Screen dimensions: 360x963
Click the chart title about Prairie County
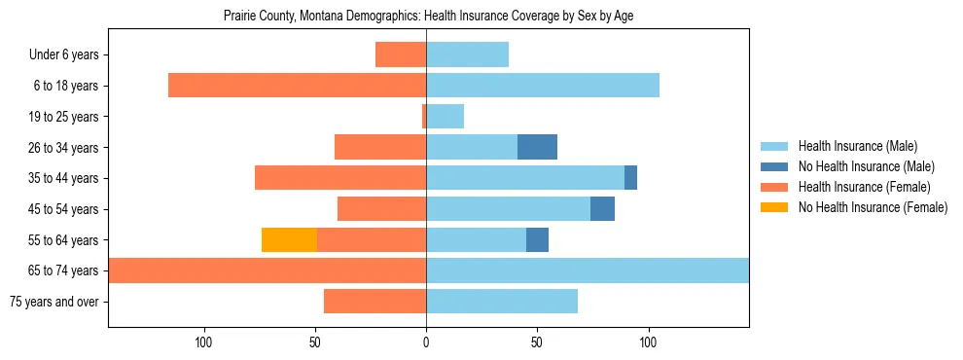coord(428,17)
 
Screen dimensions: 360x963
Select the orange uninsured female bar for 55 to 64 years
coord(289,239)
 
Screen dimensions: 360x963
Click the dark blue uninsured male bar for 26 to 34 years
coord(537,147)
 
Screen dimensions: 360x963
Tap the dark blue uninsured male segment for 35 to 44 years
coord(630,178)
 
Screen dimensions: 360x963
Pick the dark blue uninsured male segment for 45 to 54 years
coord(602,209)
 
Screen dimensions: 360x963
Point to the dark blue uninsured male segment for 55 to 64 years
coord(537,239)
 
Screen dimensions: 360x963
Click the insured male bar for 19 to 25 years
coord(445,117)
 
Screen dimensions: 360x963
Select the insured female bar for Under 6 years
coord(401,54)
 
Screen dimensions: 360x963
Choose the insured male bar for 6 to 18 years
coord(543,86)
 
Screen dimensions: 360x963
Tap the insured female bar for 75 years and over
coord(374,302)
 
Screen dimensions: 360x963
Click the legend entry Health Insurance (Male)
coord(857,146)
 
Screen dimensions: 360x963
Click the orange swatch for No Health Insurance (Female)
coord(775,207)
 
